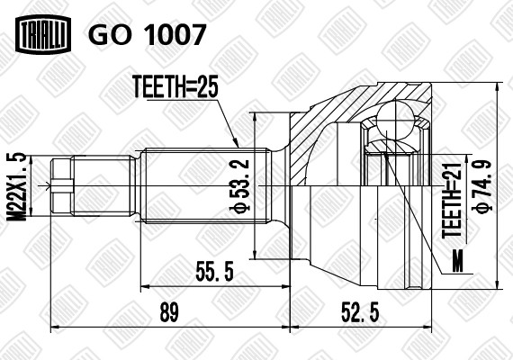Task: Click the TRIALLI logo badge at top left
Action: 43,34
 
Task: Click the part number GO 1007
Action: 147,34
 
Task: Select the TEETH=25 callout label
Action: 175,86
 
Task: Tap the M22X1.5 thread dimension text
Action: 16,186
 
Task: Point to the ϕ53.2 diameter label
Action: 242,184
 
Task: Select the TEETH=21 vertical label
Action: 452,201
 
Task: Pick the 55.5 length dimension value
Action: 214,271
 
